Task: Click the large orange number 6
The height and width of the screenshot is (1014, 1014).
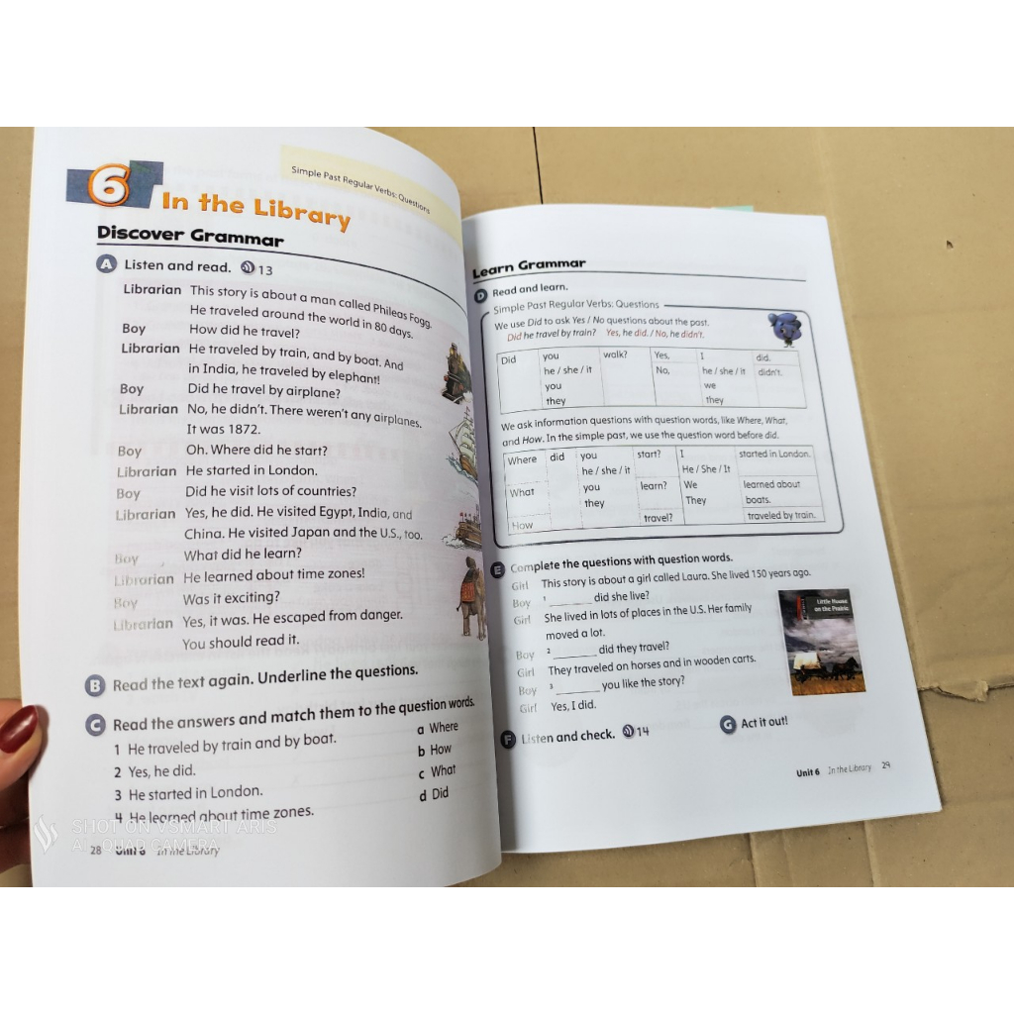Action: (110, 185)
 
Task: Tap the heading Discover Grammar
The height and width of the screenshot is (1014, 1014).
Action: (190, 235)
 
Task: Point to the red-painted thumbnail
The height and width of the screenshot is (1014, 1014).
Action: (18, 730)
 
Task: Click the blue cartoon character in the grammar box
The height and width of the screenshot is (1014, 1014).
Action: (785, 328)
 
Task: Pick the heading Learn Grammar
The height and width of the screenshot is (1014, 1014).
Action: (529, 266)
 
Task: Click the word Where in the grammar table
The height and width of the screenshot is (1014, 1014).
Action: (522, 460)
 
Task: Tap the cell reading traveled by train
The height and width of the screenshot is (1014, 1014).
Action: (780, 515)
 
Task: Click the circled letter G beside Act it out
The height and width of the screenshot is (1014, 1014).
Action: (729, 725)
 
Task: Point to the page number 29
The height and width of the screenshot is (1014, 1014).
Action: (885, 765)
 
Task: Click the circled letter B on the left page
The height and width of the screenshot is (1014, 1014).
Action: (95, 685)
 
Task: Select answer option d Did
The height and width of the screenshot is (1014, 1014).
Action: (433, 794)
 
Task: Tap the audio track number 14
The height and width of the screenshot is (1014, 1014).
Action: (642, 732)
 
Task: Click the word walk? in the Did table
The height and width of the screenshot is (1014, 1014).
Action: (616, 355)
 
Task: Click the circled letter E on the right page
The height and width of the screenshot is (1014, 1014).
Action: (499, 569)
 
